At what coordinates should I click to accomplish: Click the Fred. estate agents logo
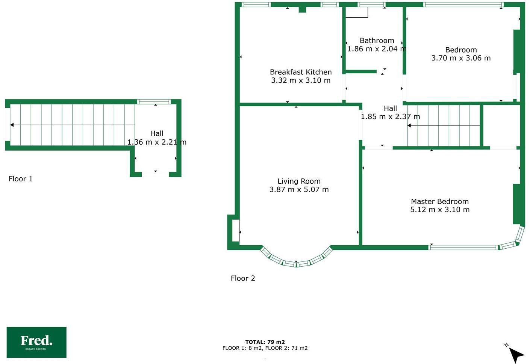36,342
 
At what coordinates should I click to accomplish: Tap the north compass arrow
516,353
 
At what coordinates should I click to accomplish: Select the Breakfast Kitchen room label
301,72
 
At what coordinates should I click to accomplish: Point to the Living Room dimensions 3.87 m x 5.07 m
299,190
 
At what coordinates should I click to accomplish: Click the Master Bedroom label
440,201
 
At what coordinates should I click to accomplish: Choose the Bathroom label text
377,41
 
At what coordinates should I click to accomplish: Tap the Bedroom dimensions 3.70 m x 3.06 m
461,58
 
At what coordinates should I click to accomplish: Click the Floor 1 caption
21,179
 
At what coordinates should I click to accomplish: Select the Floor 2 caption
243,278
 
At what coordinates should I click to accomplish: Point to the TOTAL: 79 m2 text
265,342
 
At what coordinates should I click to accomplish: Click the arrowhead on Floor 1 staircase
12,125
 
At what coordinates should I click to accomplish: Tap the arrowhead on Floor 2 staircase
409,125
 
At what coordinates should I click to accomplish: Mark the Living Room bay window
296,261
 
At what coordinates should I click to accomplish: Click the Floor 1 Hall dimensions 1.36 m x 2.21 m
157,142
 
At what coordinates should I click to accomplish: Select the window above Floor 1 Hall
154,101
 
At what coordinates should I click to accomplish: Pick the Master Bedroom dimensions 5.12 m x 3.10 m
440,210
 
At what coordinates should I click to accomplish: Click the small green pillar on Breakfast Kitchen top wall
302,10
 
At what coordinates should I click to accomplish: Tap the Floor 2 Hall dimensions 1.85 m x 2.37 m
390,117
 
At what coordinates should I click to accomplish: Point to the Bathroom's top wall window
371,5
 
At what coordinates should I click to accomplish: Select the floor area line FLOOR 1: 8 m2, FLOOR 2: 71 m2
265,348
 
